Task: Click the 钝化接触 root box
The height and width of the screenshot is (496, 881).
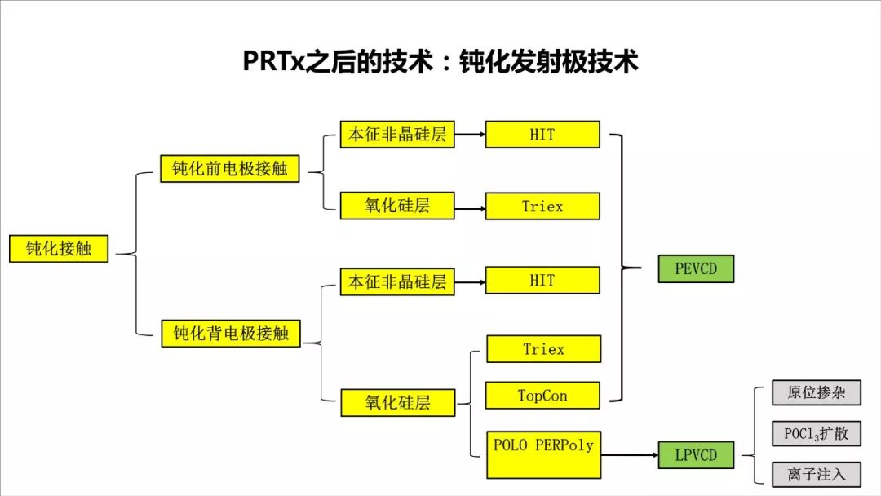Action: pyautogui.click(x=59, y=249)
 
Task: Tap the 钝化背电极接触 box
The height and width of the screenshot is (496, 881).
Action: pyautogui.click(x=231, y=333)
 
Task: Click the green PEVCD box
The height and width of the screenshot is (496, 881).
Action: pyautogui.click(x=696, y=268)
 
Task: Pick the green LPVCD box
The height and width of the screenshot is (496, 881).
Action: pyautogui.click(x=696, y=454)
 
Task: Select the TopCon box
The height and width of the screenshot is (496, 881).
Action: pyautogui.click(x=542, y=396)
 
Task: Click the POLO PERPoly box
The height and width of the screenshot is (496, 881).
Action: pyautogui.click(x=543, y=454)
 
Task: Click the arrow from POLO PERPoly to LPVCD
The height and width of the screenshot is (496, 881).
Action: pyautogui.click(x=629, y=454)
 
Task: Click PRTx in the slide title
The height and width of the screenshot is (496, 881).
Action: pyautogui.click(x=273, y=62)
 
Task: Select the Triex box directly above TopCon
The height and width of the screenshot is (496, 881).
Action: pyautogui.click(x=542, y=349)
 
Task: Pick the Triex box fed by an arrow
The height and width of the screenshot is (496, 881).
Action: pyautogui.click(x=542, y=206)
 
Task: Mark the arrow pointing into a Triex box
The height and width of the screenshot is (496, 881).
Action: pyautogui.click(x=469, y=208)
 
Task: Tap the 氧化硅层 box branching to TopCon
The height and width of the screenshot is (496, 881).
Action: pyautogui.click(x=397, y=401)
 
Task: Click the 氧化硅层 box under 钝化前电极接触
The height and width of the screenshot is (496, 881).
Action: pyautogui.click(x=397, y=206)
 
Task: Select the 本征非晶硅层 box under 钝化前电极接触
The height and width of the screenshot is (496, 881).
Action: pyautogui.click(x=397, y=135)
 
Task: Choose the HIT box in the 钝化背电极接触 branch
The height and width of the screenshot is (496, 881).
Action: pyautogui.click(x=542, y=280)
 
